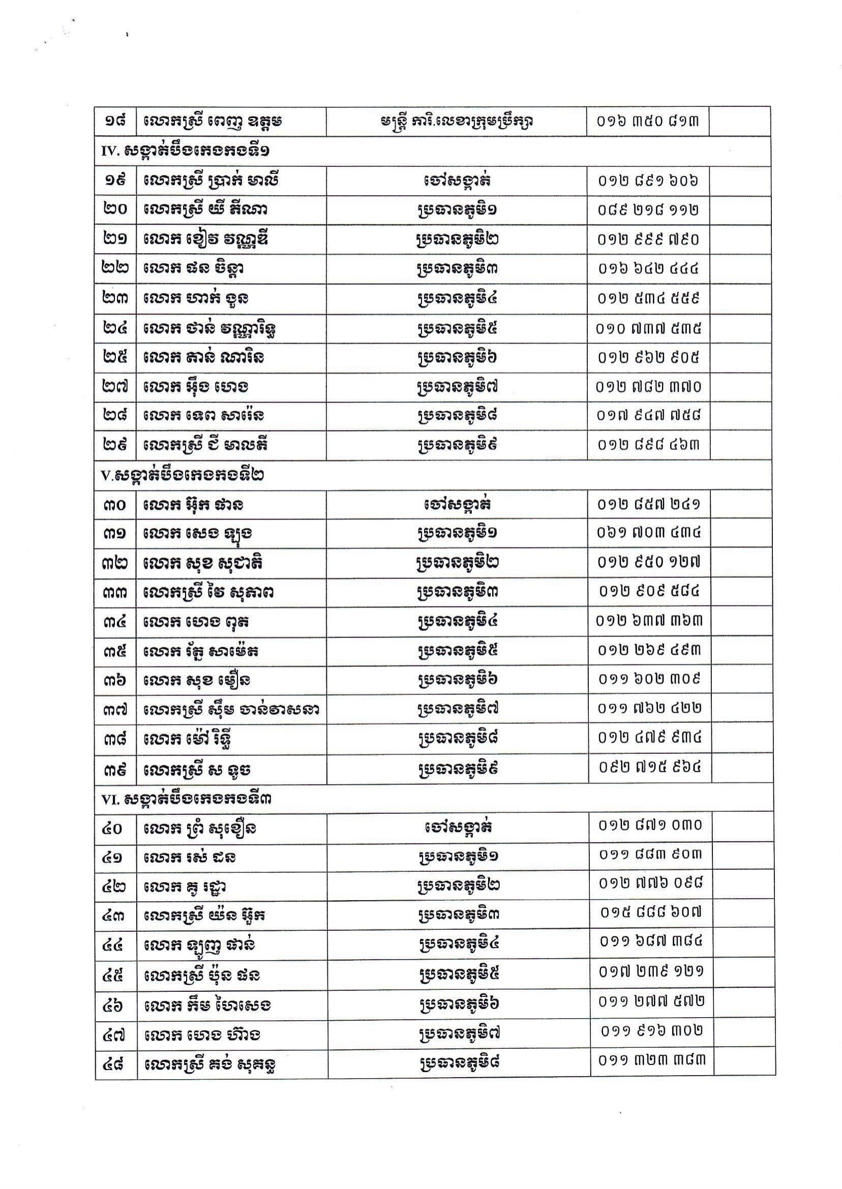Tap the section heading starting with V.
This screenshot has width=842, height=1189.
[x=182, y=475]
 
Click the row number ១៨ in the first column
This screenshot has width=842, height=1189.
[x=115, y=121]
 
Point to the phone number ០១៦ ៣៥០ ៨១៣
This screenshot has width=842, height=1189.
[x=648, y=121]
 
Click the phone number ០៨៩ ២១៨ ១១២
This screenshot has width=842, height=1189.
[x=648, y=210]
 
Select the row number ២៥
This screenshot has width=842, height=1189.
[x=115, y=357]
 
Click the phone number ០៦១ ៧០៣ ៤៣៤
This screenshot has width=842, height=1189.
[x=649, y=533]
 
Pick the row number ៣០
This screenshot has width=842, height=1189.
[x=115, y=504]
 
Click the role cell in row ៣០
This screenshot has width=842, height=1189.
[x=457, y=504]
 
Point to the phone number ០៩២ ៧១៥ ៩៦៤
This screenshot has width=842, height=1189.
[x=650, y=767]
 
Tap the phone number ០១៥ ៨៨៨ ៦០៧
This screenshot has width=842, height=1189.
[x=651, y=912]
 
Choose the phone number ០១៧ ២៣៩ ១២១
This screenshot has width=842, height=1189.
[x=651, y=971]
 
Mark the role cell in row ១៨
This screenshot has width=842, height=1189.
[x=456, y=121]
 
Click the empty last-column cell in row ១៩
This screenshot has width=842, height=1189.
[x=739, y=180]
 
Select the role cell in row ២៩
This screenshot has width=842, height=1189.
[x=457, y=445]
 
